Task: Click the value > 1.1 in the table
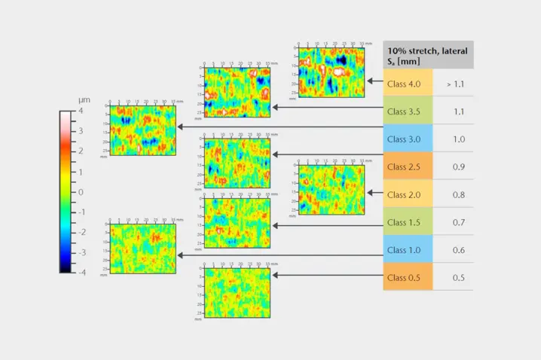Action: point(455,84)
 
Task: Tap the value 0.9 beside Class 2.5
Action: point(458,166)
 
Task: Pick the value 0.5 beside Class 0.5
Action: point(458,277)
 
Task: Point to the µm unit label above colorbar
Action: point(84,100)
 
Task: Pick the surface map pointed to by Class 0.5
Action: point(237,292)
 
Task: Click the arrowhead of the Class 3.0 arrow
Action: point(180,127)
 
